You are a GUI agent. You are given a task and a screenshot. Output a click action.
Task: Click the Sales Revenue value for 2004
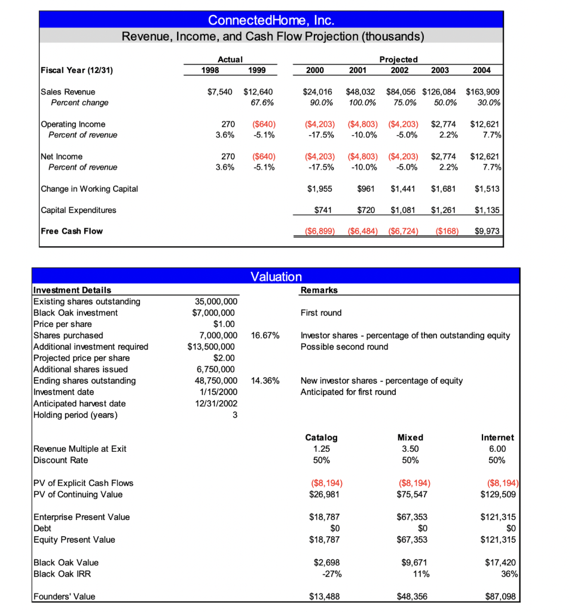pyautogui.click(x=483, y=92)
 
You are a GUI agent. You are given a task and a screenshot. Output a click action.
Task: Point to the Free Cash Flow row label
pyautogui.click(x=71, y=231)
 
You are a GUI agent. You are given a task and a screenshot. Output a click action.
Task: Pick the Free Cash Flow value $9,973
pyautogui.click(x=487, y=231)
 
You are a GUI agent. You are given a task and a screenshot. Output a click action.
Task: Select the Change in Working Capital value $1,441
pyautogui.click(x=402, y=189)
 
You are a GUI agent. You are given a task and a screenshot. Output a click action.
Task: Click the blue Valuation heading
pyautogui.click(x=276, y=276)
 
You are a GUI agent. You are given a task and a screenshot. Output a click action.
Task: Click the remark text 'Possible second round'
pyautogui.click(x=344, y=347)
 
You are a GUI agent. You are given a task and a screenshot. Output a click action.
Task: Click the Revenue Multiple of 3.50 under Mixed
pyautogui.click(x=410, y=449)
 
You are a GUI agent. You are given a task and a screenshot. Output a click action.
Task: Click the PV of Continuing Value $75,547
pyautogui.click(x=410, y=494)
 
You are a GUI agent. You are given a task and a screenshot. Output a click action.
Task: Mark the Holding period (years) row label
pyautogui.click(x=75, y=415)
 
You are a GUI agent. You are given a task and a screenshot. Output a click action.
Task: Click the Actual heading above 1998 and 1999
pyautogui.click(x=230, y=59)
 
